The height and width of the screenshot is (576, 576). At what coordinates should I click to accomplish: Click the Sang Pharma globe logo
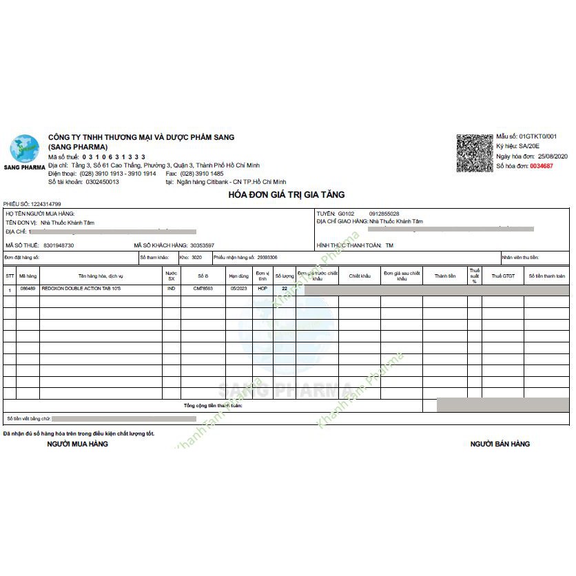click(x=23, y=149)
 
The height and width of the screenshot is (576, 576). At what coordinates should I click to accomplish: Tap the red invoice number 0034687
click(x=541, y=166)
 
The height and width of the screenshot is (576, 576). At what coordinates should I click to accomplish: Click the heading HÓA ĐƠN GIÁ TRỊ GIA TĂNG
click(x=286, y=195)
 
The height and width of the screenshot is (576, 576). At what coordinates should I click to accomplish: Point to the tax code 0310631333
click(x=114, y=157)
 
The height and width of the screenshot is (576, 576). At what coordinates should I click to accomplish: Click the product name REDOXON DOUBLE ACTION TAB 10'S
click(x=81, y=289)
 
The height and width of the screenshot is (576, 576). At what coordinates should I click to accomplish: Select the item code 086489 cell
click(x=28, y=289)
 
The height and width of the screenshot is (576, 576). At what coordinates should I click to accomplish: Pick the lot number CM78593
click(x=203, y=289)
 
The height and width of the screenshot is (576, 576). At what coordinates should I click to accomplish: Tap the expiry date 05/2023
click(x=238, y=289)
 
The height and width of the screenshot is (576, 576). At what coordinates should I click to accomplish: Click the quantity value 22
click(x=285, y=289)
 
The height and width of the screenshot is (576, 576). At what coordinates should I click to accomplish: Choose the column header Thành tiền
click(x=444, y=276)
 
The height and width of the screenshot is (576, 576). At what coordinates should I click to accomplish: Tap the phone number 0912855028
click(x=384, y=214)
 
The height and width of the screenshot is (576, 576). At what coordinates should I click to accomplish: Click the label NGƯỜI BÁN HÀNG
click(x=500, y=444)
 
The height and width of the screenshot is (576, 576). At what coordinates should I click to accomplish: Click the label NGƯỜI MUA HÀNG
click(x=77, y=444)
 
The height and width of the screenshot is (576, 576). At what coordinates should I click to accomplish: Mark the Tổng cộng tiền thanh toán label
click(x=213, y=406)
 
